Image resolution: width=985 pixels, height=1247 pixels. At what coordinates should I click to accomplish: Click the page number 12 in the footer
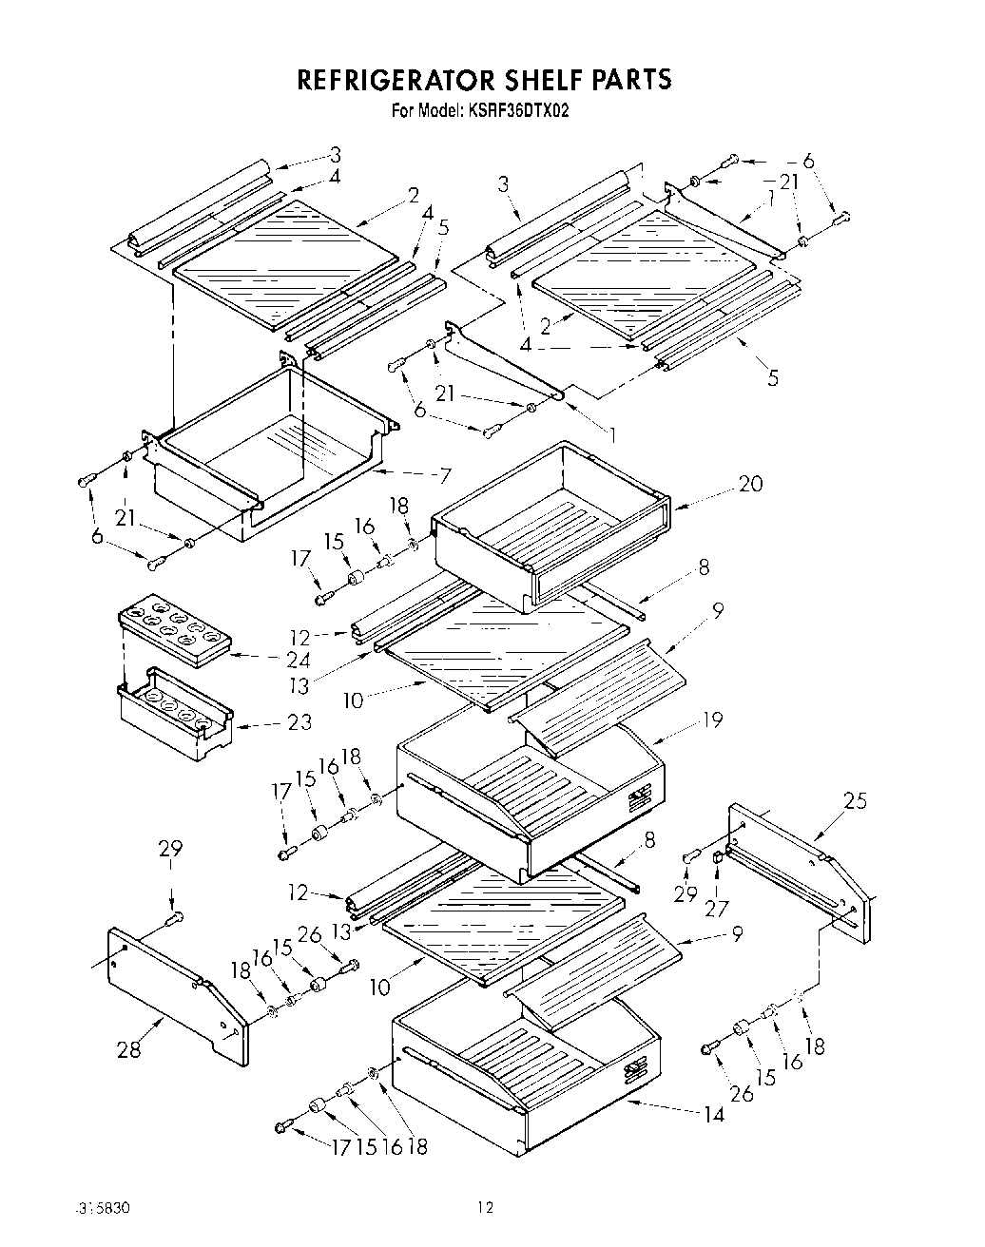pyautogui.click(x=486, y=1208)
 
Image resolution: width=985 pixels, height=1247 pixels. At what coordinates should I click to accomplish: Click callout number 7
pyautogui.click(x=444, y=475)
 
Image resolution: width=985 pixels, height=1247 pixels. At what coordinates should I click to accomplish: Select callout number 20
pyautogui.click(x=750, y=484)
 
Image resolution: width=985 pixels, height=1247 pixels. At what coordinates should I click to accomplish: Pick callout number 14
pyautogui.click(x=713, y=1114)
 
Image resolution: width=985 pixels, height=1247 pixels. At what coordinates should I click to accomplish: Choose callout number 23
pyautogui.click(x=299, y=722)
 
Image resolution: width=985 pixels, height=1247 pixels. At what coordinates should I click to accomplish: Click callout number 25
pyautogui.click(x=856, y=800)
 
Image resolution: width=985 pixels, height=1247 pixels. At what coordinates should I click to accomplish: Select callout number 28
pyautogui.click(x=129, y=1048)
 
